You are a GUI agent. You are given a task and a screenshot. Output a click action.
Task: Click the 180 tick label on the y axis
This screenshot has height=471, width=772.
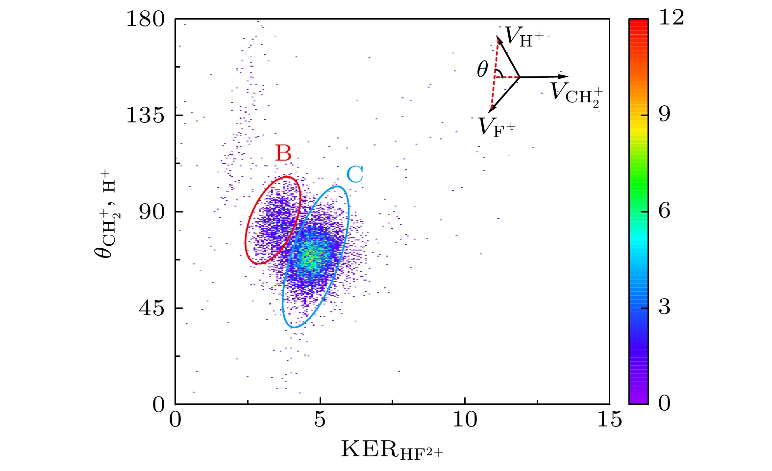click(146, 20)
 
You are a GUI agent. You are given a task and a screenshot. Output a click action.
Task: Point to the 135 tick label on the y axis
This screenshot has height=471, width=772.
click(146, 116)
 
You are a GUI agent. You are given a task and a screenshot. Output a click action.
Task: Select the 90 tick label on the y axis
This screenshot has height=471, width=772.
click(152, 212)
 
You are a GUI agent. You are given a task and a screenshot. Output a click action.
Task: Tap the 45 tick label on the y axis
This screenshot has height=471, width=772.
click(152, 309)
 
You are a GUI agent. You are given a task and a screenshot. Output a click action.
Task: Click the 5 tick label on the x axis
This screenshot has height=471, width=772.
click(320, 420)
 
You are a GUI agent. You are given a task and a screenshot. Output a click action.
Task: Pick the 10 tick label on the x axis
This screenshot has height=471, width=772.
click(464, 420)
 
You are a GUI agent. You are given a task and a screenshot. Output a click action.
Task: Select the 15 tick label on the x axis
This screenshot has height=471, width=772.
click(609, 420)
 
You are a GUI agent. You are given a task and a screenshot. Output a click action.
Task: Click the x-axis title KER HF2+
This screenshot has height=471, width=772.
click(392, 449)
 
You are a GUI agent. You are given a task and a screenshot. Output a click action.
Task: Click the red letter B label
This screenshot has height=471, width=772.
click(283, 153)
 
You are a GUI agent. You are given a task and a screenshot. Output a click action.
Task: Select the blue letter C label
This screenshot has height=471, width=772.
click(354, 174)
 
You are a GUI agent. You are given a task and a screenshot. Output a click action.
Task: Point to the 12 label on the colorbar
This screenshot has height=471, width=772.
click(671, 18)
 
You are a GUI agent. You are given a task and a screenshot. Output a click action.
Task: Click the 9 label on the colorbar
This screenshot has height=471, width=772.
click(665, 115)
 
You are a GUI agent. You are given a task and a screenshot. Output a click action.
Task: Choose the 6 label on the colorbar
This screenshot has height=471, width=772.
click(665, 211)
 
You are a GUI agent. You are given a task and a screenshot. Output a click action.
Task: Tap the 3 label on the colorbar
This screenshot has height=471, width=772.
click(665, 307)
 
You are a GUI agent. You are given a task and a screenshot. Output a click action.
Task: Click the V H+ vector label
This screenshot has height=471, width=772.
click(523, 37)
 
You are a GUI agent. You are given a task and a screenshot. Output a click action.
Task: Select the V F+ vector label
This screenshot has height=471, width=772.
click(497, 127)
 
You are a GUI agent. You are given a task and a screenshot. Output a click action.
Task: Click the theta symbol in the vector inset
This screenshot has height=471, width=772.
click(482, 71)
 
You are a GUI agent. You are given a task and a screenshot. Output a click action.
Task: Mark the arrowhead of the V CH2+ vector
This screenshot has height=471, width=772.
click(565, 76)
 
